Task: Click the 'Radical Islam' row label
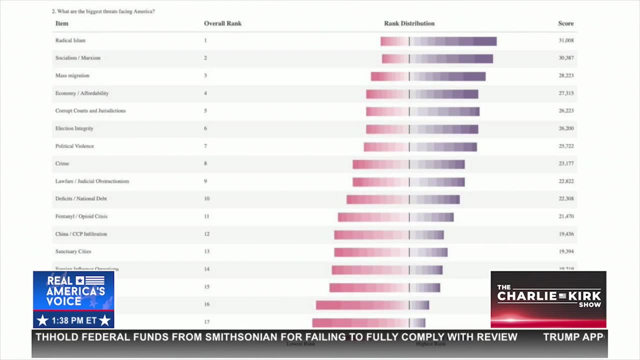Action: tap(70, 40)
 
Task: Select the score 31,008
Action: tap(566, 40)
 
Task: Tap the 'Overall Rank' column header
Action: tap(222, 23)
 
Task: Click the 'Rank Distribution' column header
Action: tap(409, 23)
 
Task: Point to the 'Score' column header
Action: tap(565, 23)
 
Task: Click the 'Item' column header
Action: tap(62, 23)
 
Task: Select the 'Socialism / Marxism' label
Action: tap(78, 58)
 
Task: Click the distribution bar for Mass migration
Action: tap(428, 76)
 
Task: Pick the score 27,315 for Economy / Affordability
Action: tap(566, 93)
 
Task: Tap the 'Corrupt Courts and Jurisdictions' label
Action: tap(90, 111)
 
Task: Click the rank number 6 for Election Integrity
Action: tap(205, 128)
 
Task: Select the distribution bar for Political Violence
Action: tap(420, 147)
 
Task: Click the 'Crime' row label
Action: tap(62, 163)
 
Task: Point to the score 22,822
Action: tap(566, 181)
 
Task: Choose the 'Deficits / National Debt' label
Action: tap(81, 199)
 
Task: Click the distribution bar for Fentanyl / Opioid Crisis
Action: tap(395, 217)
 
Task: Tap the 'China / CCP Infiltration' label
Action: tap(81, 234)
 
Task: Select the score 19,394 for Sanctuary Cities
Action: tap(566, 251)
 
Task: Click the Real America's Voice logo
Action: tap(73, 299)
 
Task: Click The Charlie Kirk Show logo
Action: tap(548, 299)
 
